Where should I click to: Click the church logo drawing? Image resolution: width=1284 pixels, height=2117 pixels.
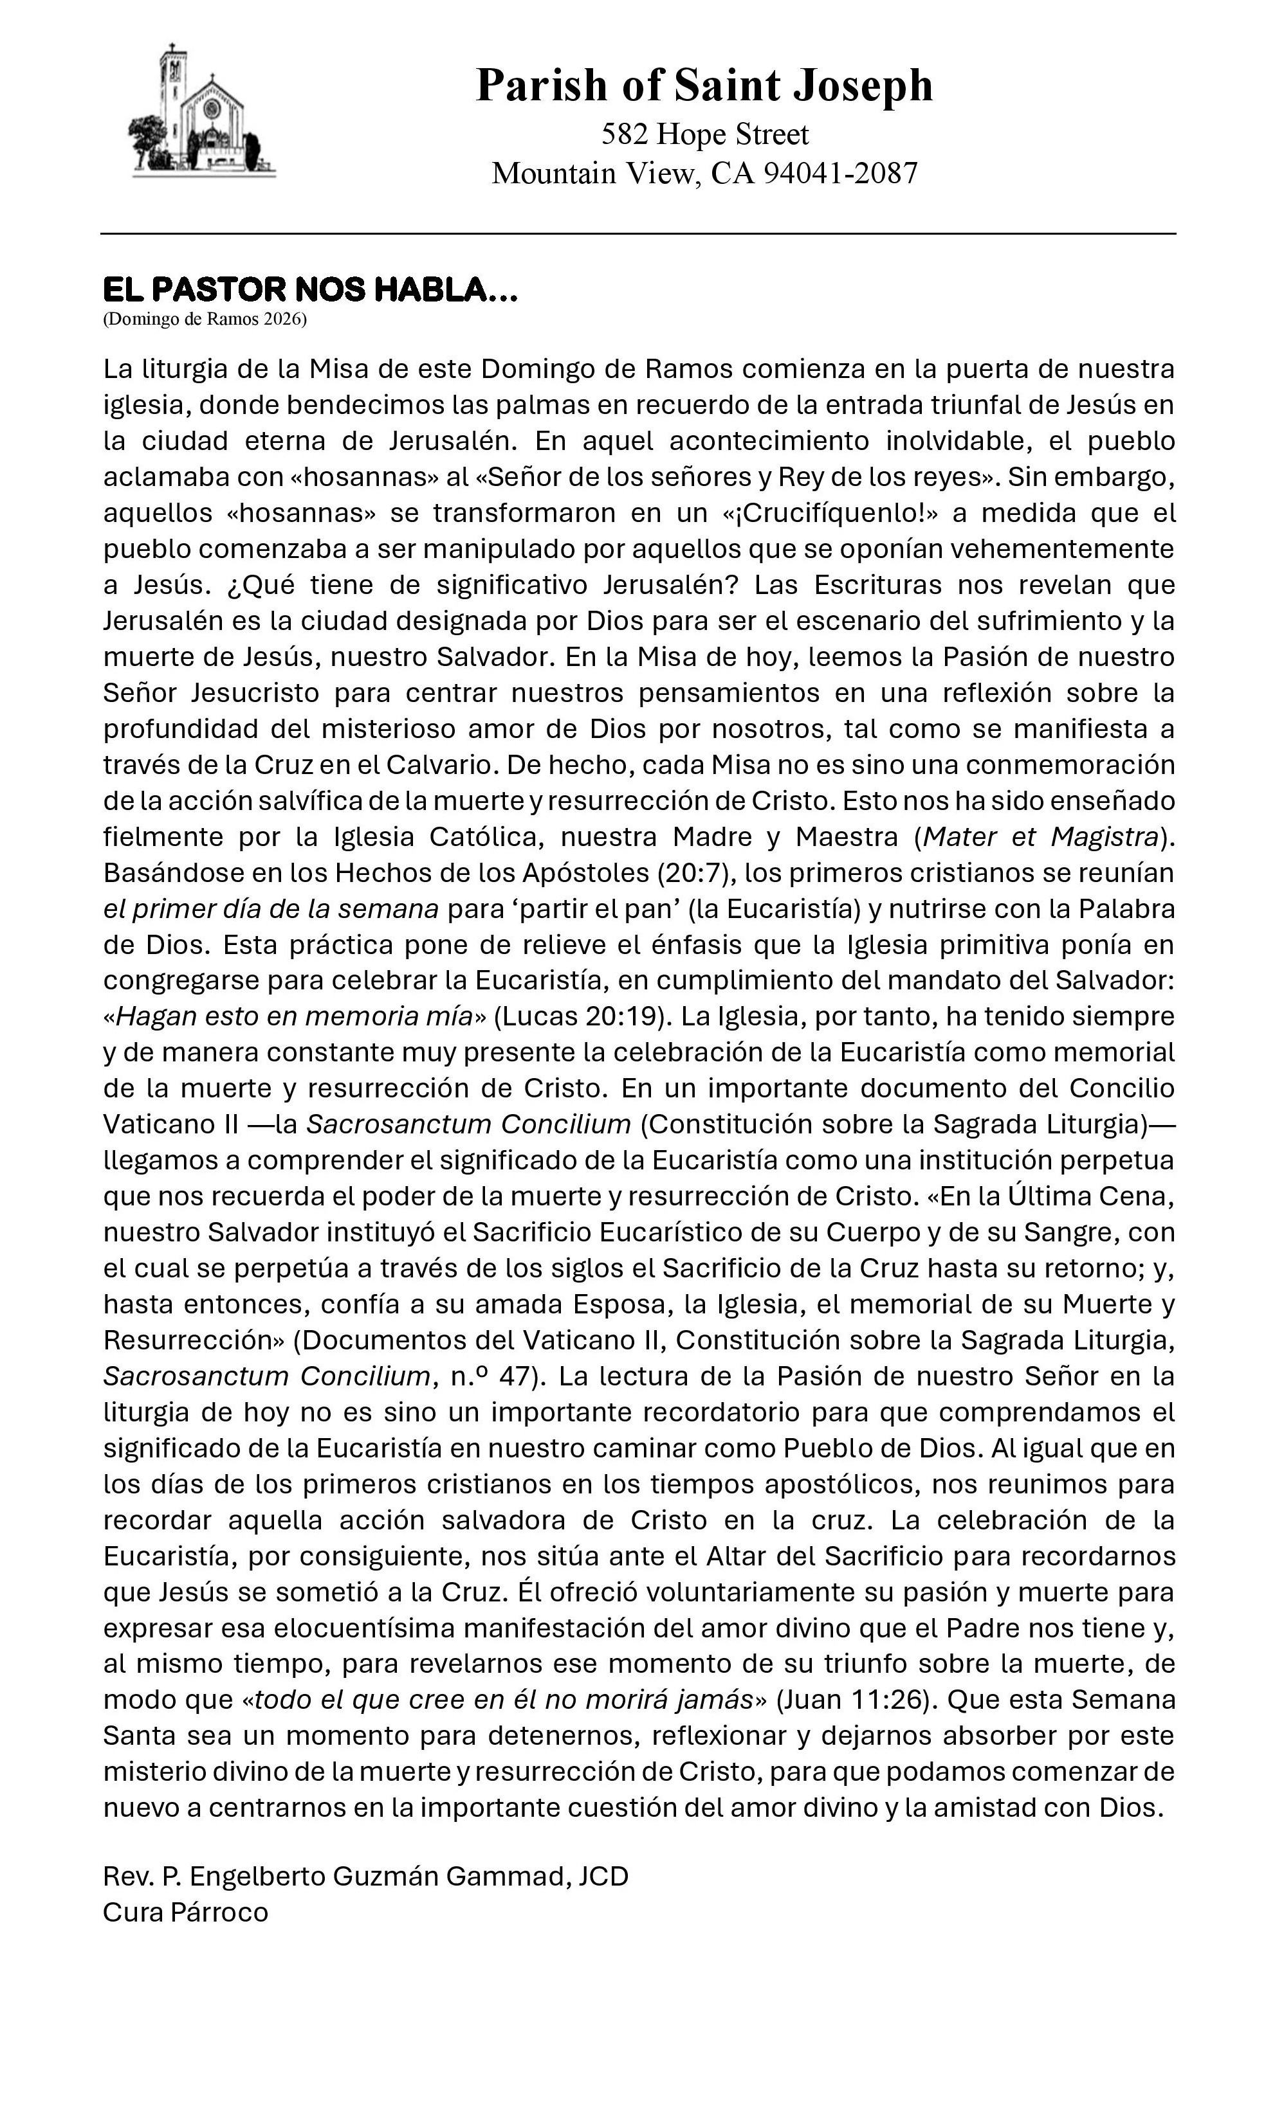[202, 112]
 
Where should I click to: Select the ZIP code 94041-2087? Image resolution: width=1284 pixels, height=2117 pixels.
[841, 174]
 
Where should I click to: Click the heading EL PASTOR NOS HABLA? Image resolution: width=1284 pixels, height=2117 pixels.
[309, 291]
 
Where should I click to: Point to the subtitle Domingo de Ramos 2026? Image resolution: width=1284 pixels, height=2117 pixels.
[205, 320]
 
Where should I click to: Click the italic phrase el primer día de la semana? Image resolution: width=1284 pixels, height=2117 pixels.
[271, 909]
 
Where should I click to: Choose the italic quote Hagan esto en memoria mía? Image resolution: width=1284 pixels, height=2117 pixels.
[294, 1016]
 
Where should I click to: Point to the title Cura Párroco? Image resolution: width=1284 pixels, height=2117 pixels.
[186, 1913]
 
